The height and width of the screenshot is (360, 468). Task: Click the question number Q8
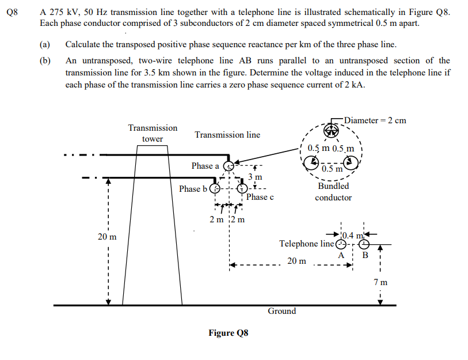tap(12, 11)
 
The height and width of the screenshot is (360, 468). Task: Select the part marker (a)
tap(44, 44)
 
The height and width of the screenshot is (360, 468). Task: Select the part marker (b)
tap(44, 60)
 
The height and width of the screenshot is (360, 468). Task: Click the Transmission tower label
tap(153, 133)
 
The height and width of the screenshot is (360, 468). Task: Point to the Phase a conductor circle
tap(228, 166)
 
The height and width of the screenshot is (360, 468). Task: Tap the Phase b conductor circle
tap(215, 189)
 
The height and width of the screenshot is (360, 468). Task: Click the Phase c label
tap(260, 197)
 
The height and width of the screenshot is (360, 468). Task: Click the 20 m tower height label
tap(106, 237)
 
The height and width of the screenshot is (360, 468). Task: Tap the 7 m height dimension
tap(381, 282)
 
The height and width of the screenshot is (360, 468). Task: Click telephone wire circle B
tap(363, 244)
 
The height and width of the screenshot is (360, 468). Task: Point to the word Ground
tap(282, 311)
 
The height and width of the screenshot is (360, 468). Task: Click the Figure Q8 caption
tap(228, 333)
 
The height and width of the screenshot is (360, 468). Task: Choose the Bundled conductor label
tap(333, 192)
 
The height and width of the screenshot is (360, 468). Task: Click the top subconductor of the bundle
tap(334, 130)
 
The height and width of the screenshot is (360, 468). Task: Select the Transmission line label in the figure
tap(227, 135)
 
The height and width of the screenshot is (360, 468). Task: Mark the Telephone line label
tap(306, 244)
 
